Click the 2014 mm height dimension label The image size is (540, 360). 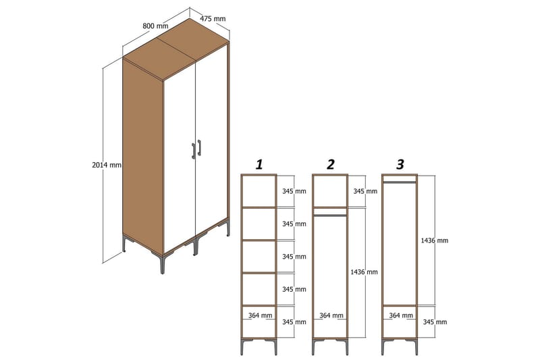click(107, 165)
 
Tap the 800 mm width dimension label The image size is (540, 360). click(156, 26)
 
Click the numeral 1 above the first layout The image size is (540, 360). click(259, 164)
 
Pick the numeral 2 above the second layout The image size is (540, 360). click(330, 164)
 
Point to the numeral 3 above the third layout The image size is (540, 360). click(400, 164)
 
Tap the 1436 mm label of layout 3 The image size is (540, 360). click(433, 240)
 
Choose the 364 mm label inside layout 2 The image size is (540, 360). click(329, 315)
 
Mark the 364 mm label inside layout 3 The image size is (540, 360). click(400, 315)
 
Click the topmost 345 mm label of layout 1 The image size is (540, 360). click(294, 191)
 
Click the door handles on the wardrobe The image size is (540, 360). click(196, 149)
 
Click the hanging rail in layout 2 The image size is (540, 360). click(329, 215)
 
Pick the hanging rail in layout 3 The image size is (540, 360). click(400, 182)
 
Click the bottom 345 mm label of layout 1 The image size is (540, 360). click(294, 322)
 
